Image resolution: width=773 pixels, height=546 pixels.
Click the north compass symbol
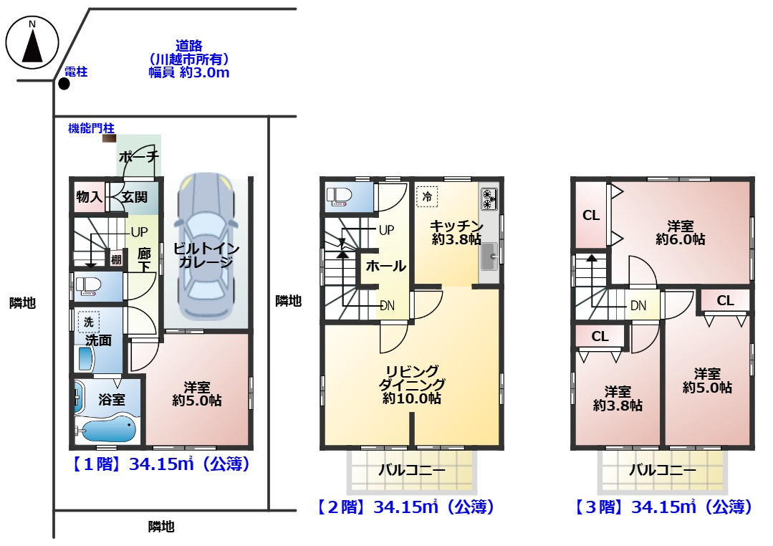(x=32, y=42)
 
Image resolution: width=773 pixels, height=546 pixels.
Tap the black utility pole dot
(x=64, y=84)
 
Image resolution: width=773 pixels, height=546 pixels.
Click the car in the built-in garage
(x=206, y=246)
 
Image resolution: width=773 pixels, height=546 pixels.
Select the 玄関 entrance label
(x=135, y=197)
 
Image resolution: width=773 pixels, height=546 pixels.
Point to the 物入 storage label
(x=90, y=197)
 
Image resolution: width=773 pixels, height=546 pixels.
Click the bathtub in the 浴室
(x=107, y=428)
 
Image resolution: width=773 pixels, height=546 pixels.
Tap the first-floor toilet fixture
(x=88, y=286)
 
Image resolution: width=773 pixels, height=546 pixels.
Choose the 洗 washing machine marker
(x=89, y=322)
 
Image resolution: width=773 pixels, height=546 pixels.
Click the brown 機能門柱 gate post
(x=109, y=138)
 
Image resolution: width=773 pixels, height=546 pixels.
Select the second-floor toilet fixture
(x=339, y=196)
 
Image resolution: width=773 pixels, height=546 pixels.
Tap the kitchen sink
(x=489, y=257)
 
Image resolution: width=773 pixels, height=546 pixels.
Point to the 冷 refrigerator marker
(x=427, y=196)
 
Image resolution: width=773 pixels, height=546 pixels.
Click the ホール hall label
(x=386, y=267)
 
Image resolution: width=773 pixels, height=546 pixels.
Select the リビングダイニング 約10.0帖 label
(x=412, y=385)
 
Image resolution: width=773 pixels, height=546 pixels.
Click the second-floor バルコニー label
(x=412, y=470)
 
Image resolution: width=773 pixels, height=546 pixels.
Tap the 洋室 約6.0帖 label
(x=681, y=233)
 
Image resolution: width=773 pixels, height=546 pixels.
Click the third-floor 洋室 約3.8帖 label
(x=618, y=399)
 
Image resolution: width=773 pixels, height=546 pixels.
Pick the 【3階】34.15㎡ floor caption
(x=663, y=507)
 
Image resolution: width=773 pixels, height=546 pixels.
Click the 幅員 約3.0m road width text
(x=189, y=73)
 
